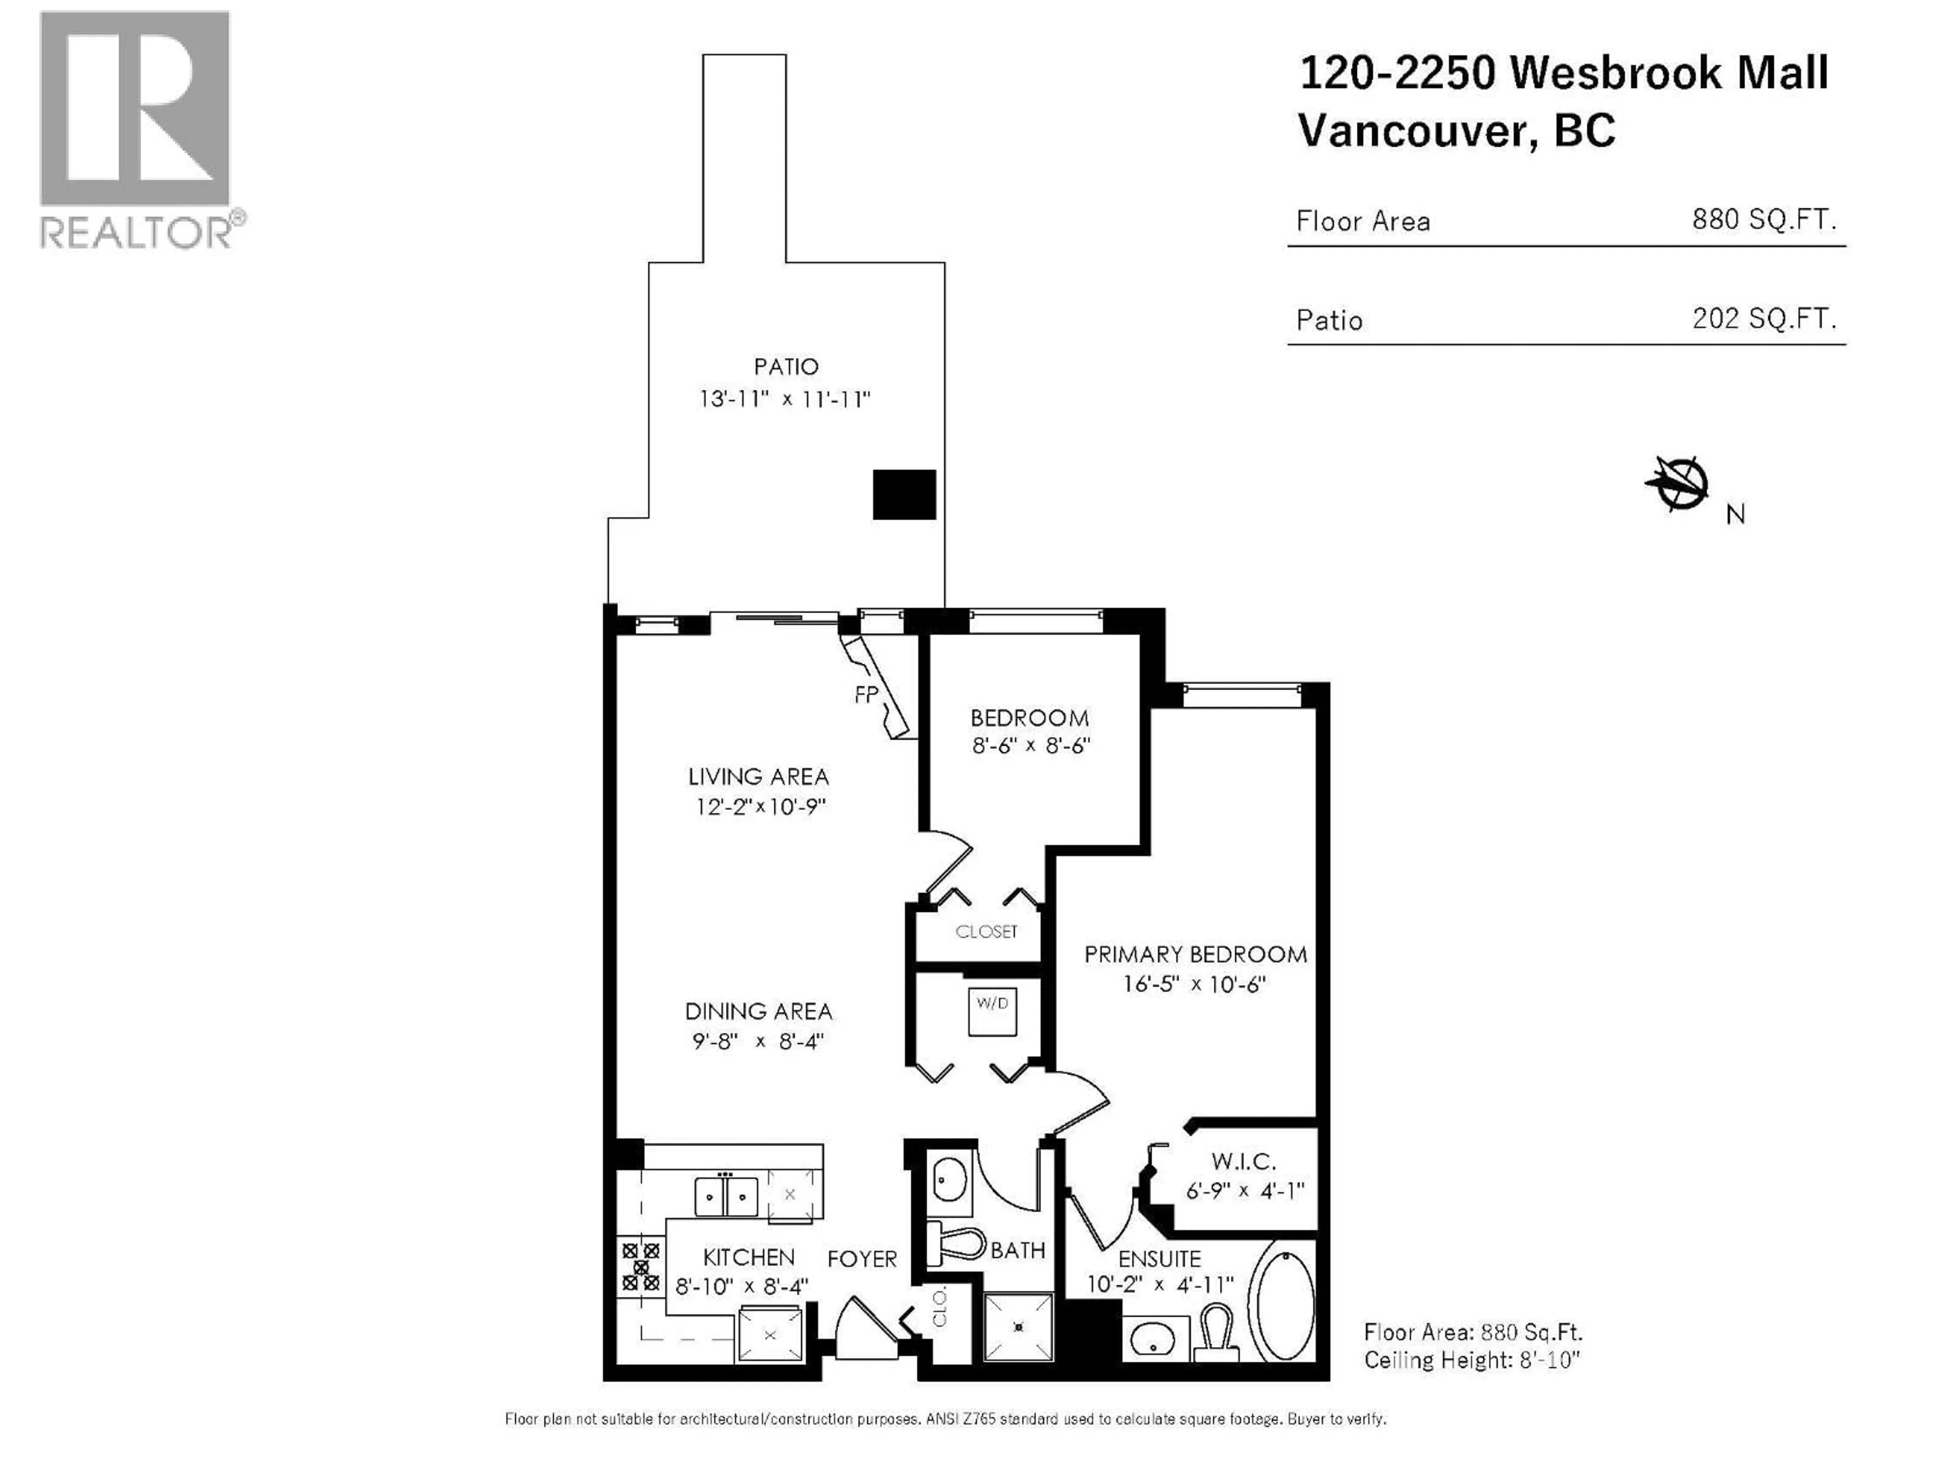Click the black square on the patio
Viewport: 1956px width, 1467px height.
904,494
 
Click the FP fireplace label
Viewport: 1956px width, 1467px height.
866,695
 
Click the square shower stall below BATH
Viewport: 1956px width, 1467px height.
1019,1326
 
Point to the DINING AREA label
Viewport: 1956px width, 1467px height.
758,1012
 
